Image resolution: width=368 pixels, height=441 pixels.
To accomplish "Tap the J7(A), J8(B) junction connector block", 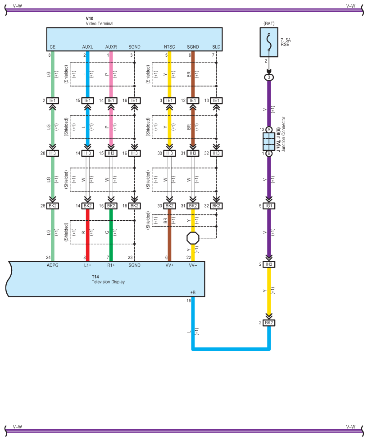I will coord(269,141).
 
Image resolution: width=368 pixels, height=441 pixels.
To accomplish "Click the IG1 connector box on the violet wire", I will coord(269,206).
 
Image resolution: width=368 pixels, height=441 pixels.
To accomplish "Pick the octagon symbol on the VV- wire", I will coord(193,237).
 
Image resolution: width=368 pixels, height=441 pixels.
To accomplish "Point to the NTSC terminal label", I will coord(169,47).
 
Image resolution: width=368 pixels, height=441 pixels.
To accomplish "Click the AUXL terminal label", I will coord(87,47).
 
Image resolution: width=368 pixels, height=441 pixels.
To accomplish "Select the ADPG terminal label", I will coord(53,265).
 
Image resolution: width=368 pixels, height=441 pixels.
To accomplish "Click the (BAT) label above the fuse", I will coord(269,23).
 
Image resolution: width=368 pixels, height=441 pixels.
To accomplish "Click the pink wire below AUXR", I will coord(111,74).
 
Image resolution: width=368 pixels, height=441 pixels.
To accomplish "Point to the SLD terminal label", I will coord(216,47).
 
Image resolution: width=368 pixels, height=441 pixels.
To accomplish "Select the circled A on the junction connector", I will coord(269,130).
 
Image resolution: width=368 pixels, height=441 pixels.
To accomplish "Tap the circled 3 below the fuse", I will coord(269,77).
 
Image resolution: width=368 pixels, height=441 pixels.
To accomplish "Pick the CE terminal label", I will coord(53,47).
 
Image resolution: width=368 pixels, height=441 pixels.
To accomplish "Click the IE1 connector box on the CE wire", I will coord(53,100).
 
